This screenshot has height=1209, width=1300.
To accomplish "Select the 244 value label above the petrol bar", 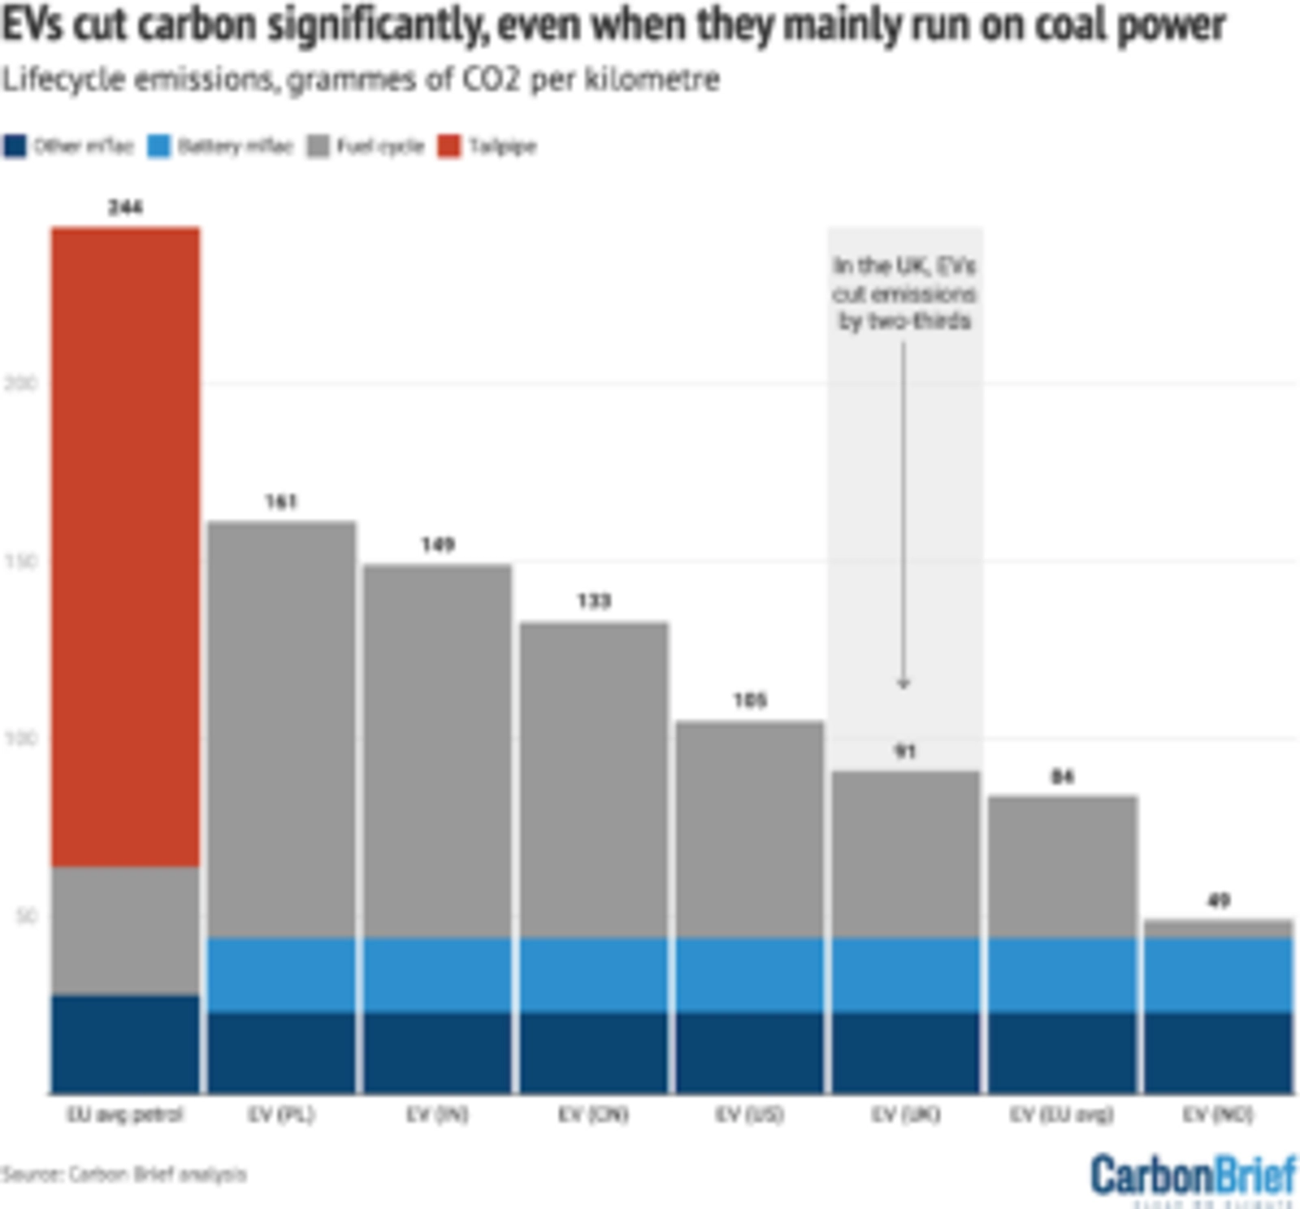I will [126, 208].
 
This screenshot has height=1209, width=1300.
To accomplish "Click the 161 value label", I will [282, 502].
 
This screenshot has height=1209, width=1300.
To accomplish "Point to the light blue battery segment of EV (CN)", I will [594, 975].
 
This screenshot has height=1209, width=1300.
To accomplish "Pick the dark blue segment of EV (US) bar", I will [750, 1053].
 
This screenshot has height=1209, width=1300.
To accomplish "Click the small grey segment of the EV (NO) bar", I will [1218, 929].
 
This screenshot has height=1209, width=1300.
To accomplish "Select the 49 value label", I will [1218, 900].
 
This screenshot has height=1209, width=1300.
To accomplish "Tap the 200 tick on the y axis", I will [21, 383].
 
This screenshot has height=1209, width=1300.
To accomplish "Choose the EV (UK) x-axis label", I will [906, 1115].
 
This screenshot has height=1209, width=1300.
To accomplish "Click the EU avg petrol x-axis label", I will [125, 1115].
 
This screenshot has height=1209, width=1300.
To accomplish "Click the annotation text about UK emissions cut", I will [904, 293].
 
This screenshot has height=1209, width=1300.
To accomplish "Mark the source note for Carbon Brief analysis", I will [123, 1174].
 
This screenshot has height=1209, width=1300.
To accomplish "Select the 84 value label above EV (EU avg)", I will [1062, 778].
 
